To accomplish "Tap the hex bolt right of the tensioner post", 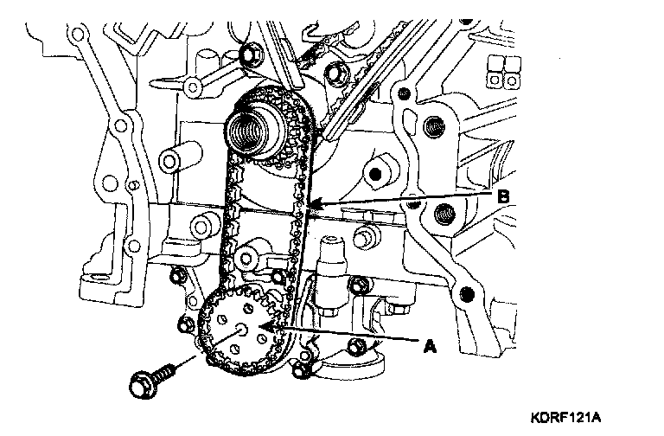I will click(x=360, y=284).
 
